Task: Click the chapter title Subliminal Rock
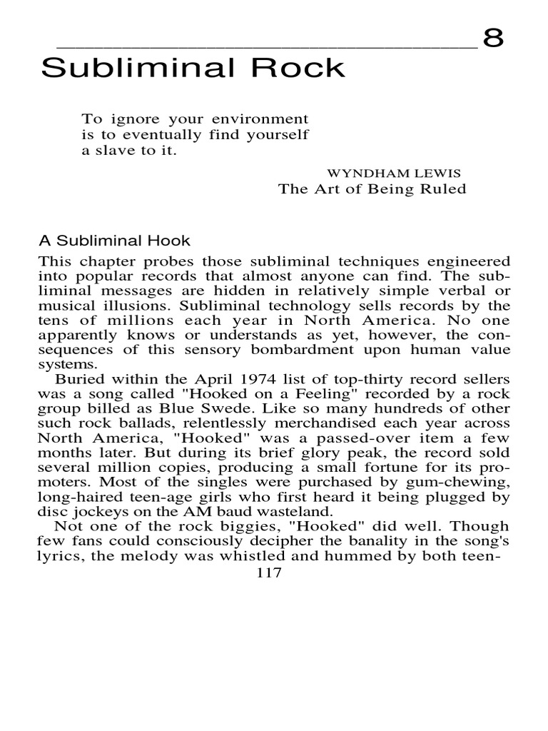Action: point(193,69)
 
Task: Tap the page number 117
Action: point(268,574)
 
